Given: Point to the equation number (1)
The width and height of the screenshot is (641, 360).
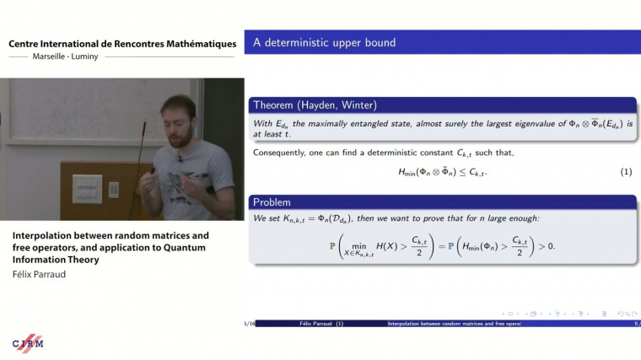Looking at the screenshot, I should tap(626, 172).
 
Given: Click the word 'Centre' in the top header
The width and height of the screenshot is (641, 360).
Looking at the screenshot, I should tap(26, 44).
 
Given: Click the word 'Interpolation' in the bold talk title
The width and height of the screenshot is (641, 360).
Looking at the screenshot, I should tap(41, 235).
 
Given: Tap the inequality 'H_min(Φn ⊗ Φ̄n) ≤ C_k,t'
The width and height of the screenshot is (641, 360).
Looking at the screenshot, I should tap(442, 172).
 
